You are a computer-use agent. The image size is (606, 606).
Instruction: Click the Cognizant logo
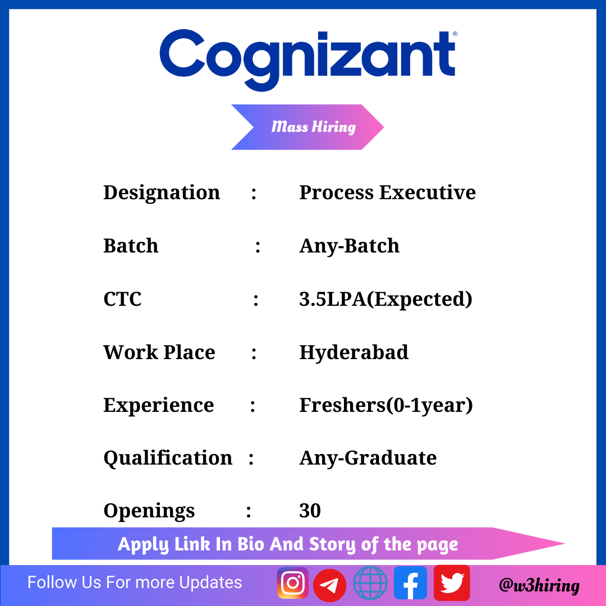point(308,60)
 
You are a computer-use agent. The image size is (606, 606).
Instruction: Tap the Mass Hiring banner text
point(314,127)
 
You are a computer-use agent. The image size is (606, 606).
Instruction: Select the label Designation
point(162,193)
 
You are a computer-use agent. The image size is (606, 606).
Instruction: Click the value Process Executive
point(388,192)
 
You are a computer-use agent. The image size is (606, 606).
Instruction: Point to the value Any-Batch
point(350,246)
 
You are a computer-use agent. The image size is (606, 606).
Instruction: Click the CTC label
point(122,299)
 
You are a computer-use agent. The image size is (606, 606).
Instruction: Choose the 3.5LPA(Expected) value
point(385,299)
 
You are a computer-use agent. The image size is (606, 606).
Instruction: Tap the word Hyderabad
point(353,352)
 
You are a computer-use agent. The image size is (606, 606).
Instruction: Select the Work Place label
point(159,352)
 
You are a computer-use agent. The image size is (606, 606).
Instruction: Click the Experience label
point(158,406)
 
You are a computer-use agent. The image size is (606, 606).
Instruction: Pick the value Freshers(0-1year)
point(386,406)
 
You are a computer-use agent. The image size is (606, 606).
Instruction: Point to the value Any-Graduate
point(368,458)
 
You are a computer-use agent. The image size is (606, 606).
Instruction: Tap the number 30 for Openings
point(310,511)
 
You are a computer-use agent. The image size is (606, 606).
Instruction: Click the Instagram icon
point(292,583)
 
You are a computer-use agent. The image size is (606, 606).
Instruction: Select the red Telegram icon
point(329,585)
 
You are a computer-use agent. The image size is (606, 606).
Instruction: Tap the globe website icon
point(370,583)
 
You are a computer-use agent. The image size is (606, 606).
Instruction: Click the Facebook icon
point(410,583)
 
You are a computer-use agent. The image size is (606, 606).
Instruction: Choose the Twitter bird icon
point(452,583)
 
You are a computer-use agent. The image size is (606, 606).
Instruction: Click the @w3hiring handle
point(539,585)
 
